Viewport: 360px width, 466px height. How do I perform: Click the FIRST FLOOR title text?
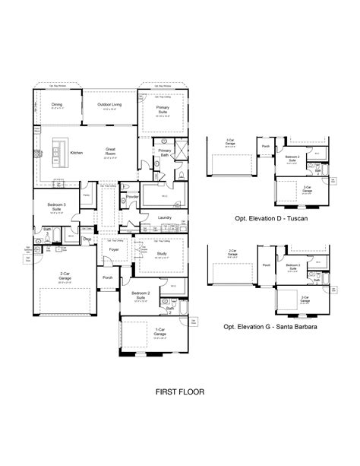pyautogui.click(x=180, y=393)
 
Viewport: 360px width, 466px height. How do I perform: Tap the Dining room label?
pyautogui.click(x=55, y=106)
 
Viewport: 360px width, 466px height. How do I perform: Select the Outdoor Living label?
pyautogui.click(x=111, y=106)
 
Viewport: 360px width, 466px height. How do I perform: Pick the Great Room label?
pyautogui.click(x=109, y=150)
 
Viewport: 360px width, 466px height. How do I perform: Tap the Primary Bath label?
pyautogui.click(x=164, y=151)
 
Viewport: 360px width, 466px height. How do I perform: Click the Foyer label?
pyautogui.click(x=114, y=249)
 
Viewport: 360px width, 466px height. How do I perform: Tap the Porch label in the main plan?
pyautogui.click(x=107, y=277)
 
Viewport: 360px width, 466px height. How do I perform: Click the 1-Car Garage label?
pyautogui.click(x=159, y=332)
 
